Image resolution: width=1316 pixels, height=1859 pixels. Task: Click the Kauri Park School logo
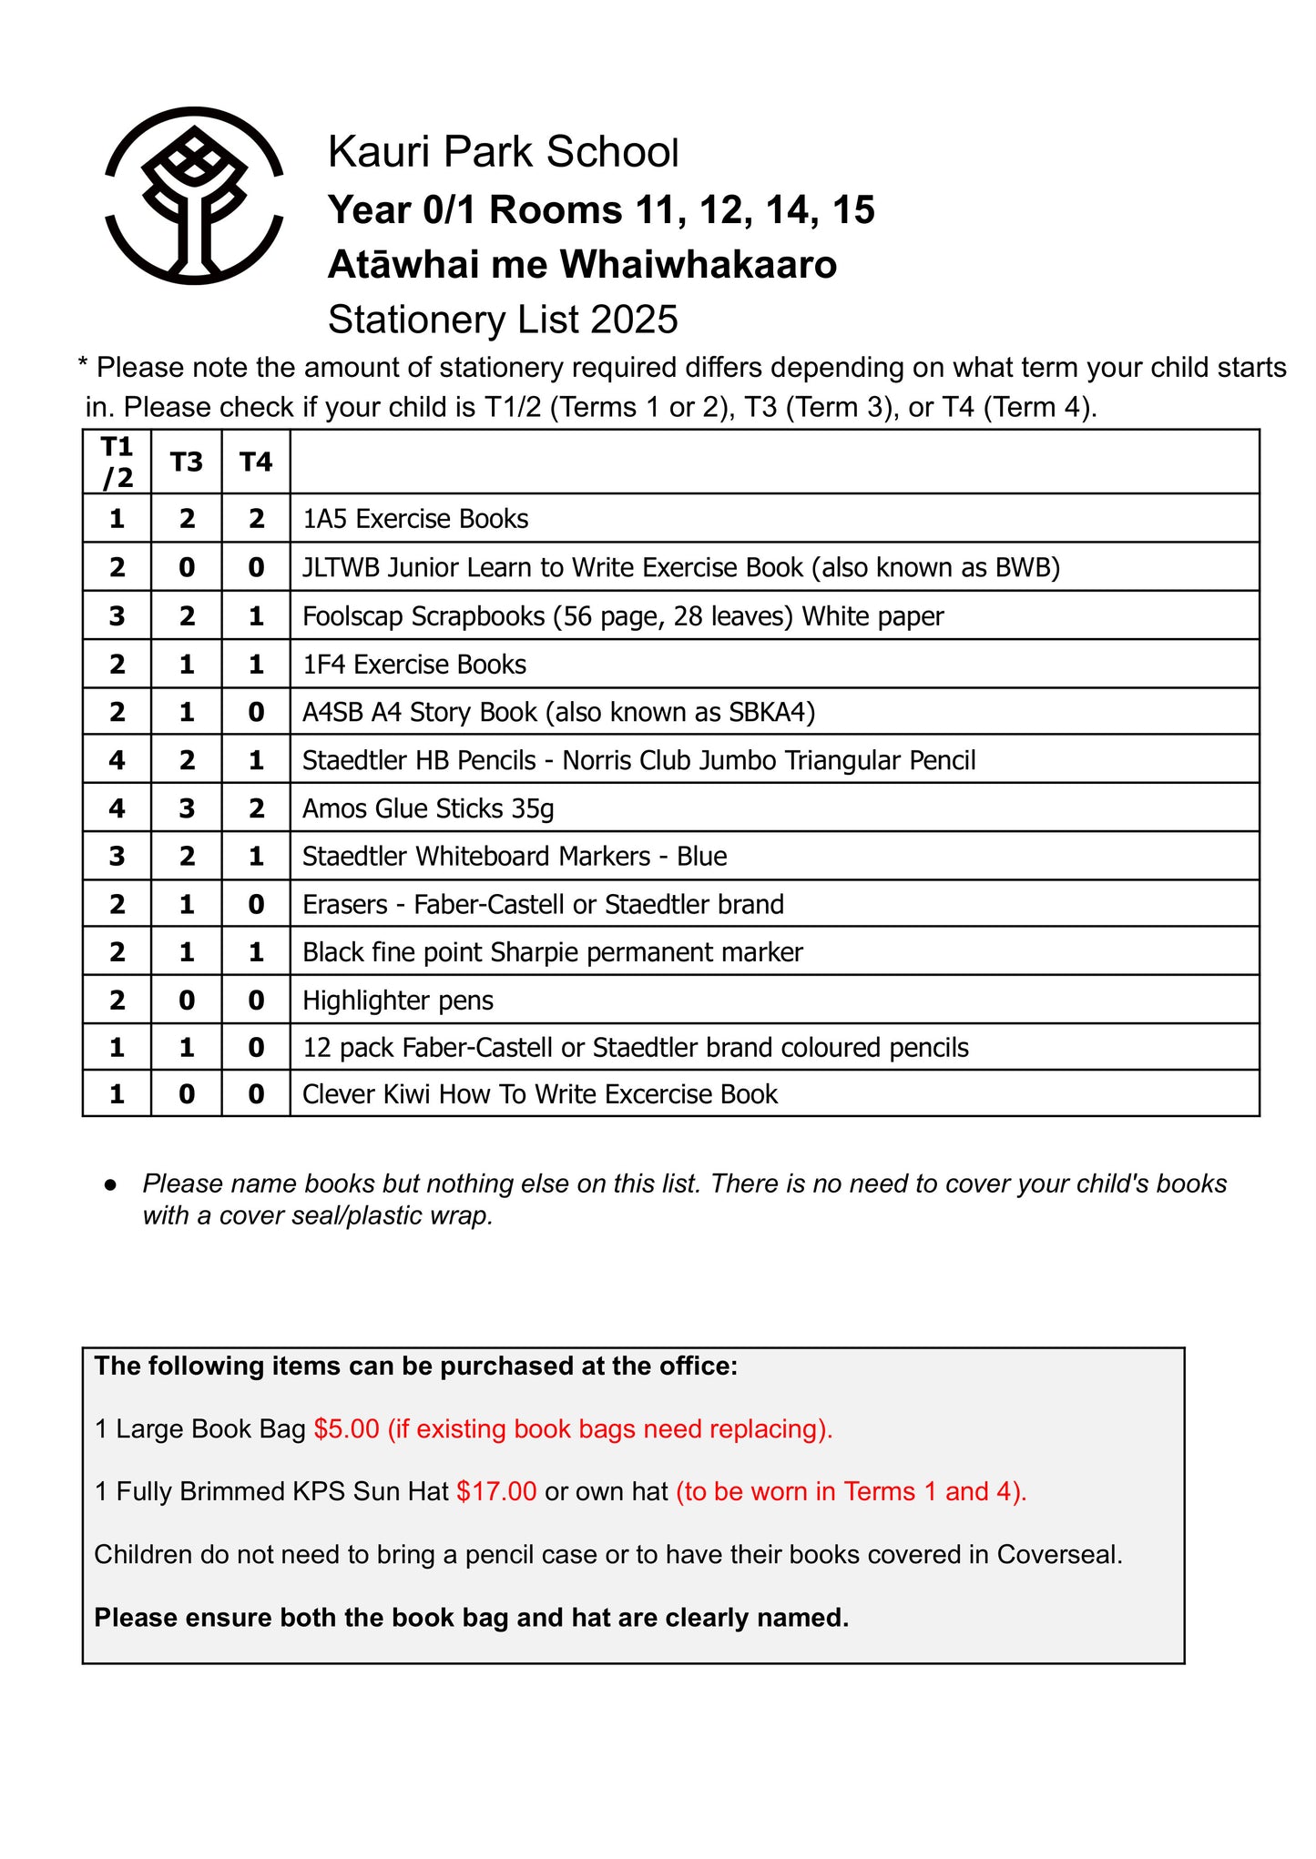194,196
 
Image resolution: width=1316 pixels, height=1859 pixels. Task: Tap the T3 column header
187,462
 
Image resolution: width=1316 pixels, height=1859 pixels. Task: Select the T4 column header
256,462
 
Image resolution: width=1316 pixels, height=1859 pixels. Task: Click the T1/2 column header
117,462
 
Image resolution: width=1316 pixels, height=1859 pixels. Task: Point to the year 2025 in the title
634,320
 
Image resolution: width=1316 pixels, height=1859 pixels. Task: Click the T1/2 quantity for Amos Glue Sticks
117,808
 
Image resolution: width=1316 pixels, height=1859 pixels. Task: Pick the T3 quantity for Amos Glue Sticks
187,808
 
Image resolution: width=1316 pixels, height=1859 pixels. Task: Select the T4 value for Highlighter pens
256,1001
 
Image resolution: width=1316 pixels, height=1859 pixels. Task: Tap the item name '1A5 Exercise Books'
415,519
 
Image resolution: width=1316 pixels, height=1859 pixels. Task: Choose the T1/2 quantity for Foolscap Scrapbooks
117,616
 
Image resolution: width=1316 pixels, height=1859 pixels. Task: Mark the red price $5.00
346,1428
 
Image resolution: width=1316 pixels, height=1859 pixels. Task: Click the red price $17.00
496,1491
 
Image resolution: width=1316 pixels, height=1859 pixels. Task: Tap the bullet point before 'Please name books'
111,1184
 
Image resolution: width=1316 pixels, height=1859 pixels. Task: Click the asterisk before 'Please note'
83,366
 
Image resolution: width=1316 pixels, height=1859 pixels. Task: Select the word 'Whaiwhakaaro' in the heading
698,265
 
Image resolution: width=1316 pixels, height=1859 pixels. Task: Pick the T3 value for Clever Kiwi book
187,1093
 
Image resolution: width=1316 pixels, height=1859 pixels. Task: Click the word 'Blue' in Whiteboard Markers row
701,857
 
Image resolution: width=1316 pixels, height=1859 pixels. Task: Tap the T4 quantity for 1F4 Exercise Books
256,665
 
